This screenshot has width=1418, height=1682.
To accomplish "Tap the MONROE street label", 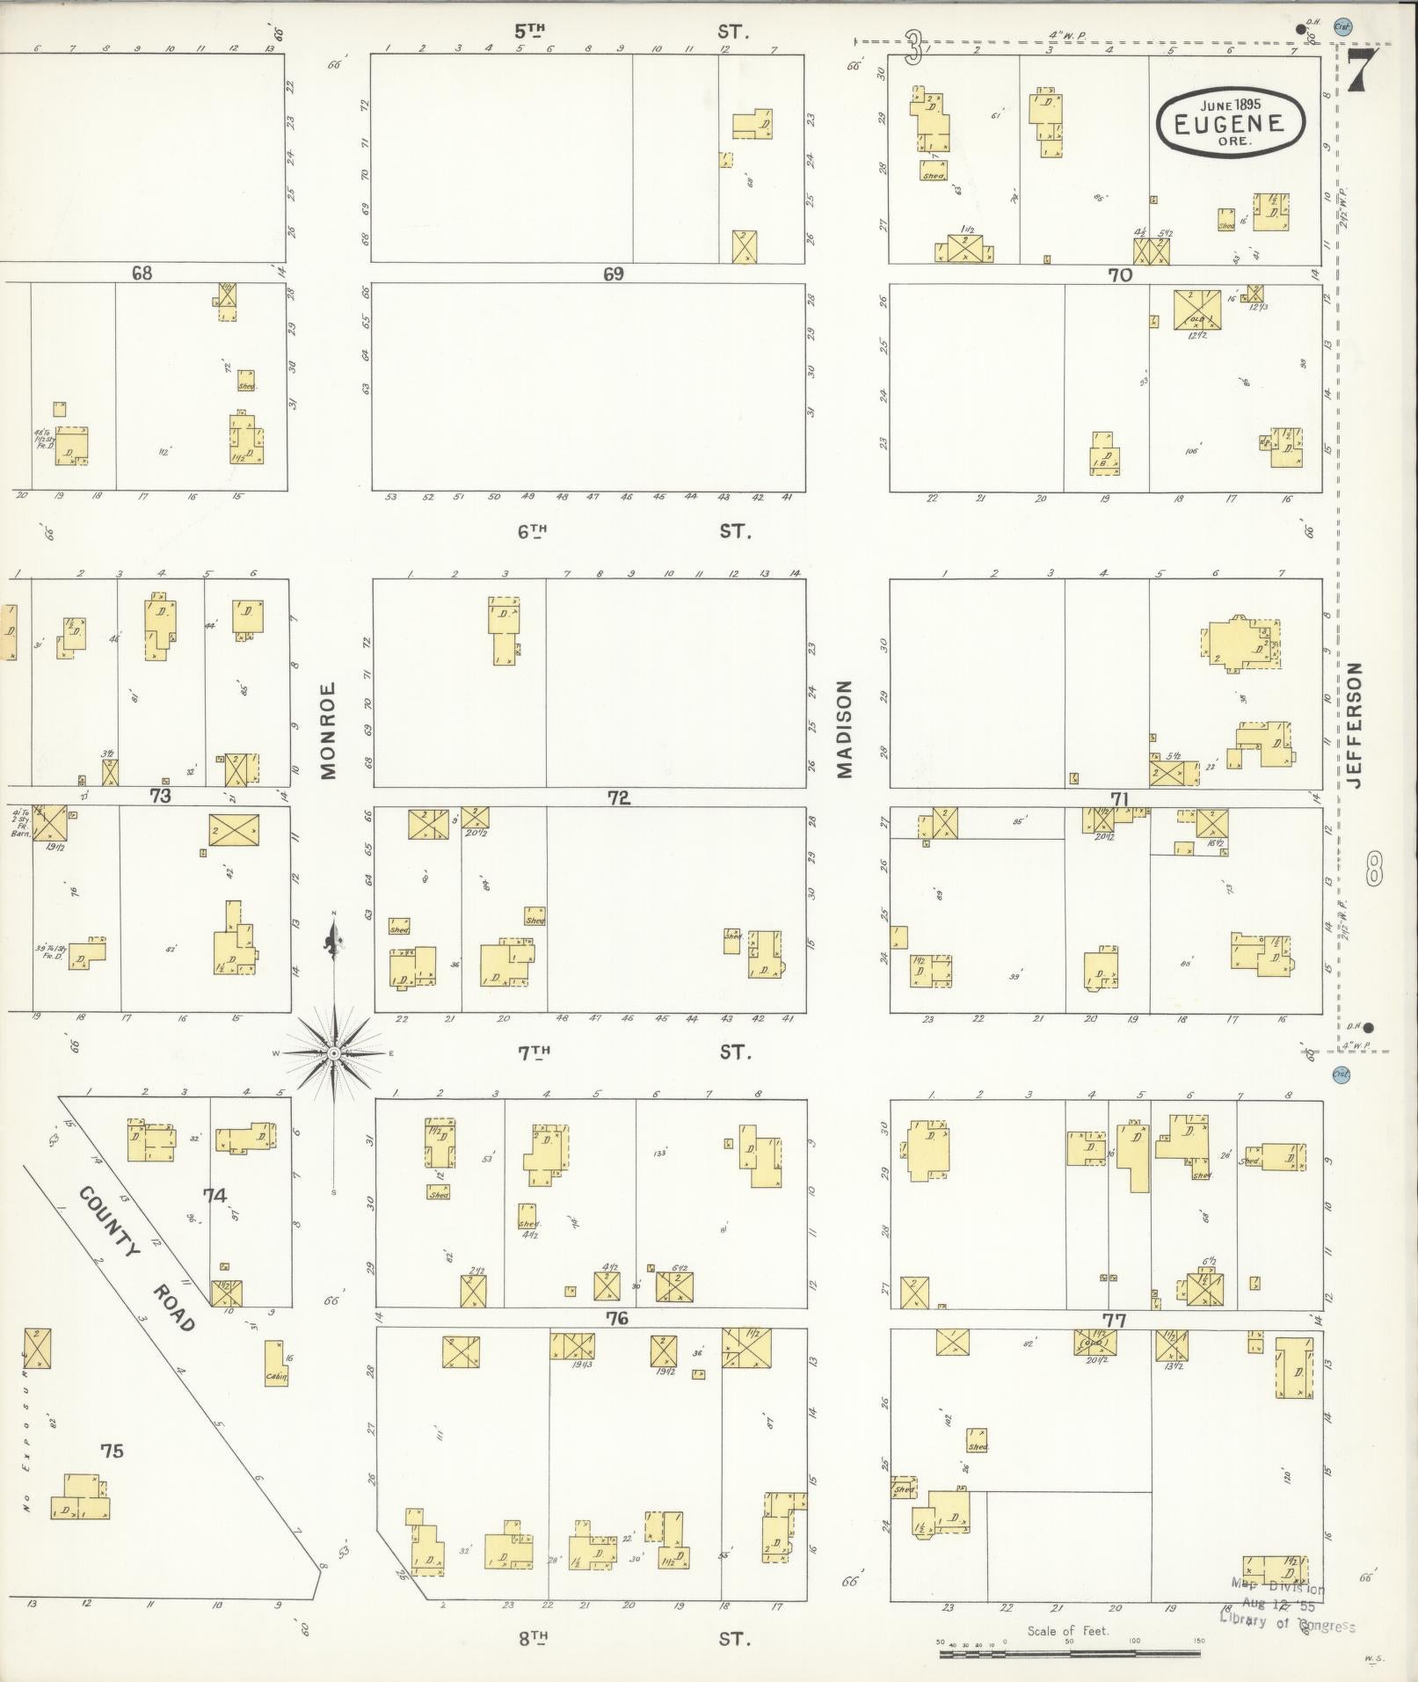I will (329, 731).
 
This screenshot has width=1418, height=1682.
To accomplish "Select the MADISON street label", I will (845, 729).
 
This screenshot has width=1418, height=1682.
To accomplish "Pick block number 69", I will (613, 274).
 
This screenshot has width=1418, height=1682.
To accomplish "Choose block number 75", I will (112, 1451).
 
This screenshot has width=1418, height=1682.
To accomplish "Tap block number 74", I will (215, 1196).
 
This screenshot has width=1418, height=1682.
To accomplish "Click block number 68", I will (142, 273).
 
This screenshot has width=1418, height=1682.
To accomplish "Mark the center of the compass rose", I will (334, 1052).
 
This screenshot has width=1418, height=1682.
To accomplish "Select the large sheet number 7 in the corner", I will (1357, 72).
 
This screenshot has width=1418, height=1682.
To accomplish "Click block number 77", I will (1115, 1320).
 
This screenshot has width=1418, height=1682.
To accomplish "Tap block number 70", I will (1119, 274).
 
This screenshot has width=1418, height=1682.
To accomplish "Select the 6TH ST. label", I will (633, 531).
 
